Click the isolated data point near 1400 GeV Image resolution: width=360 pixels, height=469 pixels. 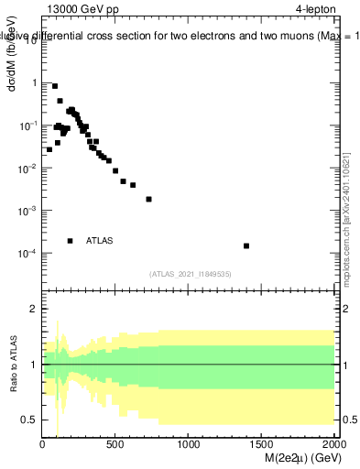click(246, 245)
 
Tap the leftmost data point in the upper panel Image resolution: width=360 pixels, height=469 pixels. click(49, 149)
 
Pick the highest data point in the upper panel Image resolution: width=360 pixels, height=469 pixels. click(55, 86)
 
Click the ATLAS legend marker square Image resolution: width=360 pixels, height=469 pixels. click(71, 241)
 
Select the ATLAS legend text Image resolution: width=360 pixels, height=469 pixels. click(100, 241)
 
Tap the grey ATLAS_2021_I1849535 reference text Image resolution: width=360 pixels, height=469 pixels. click(191, 274)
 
